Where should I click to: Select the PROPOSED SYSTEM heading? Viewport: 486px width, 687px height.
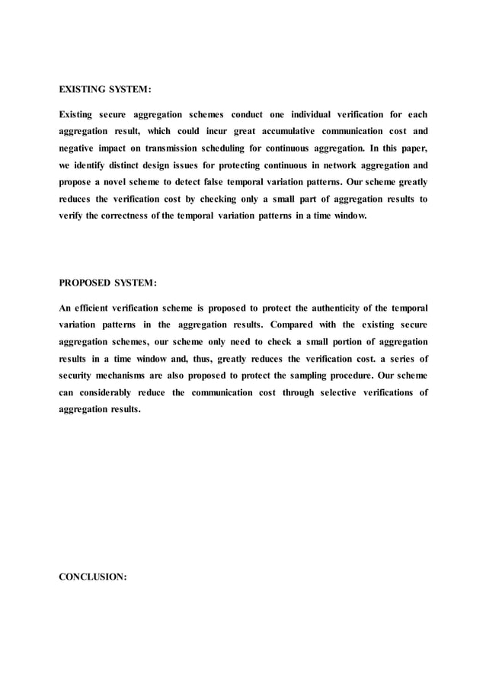tap(107, 284)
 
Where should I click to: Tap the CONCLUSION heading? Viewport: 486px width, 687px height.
tap(93, 577)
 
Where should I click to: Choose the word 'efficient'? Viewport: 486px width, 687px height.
tap(100, 308)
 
